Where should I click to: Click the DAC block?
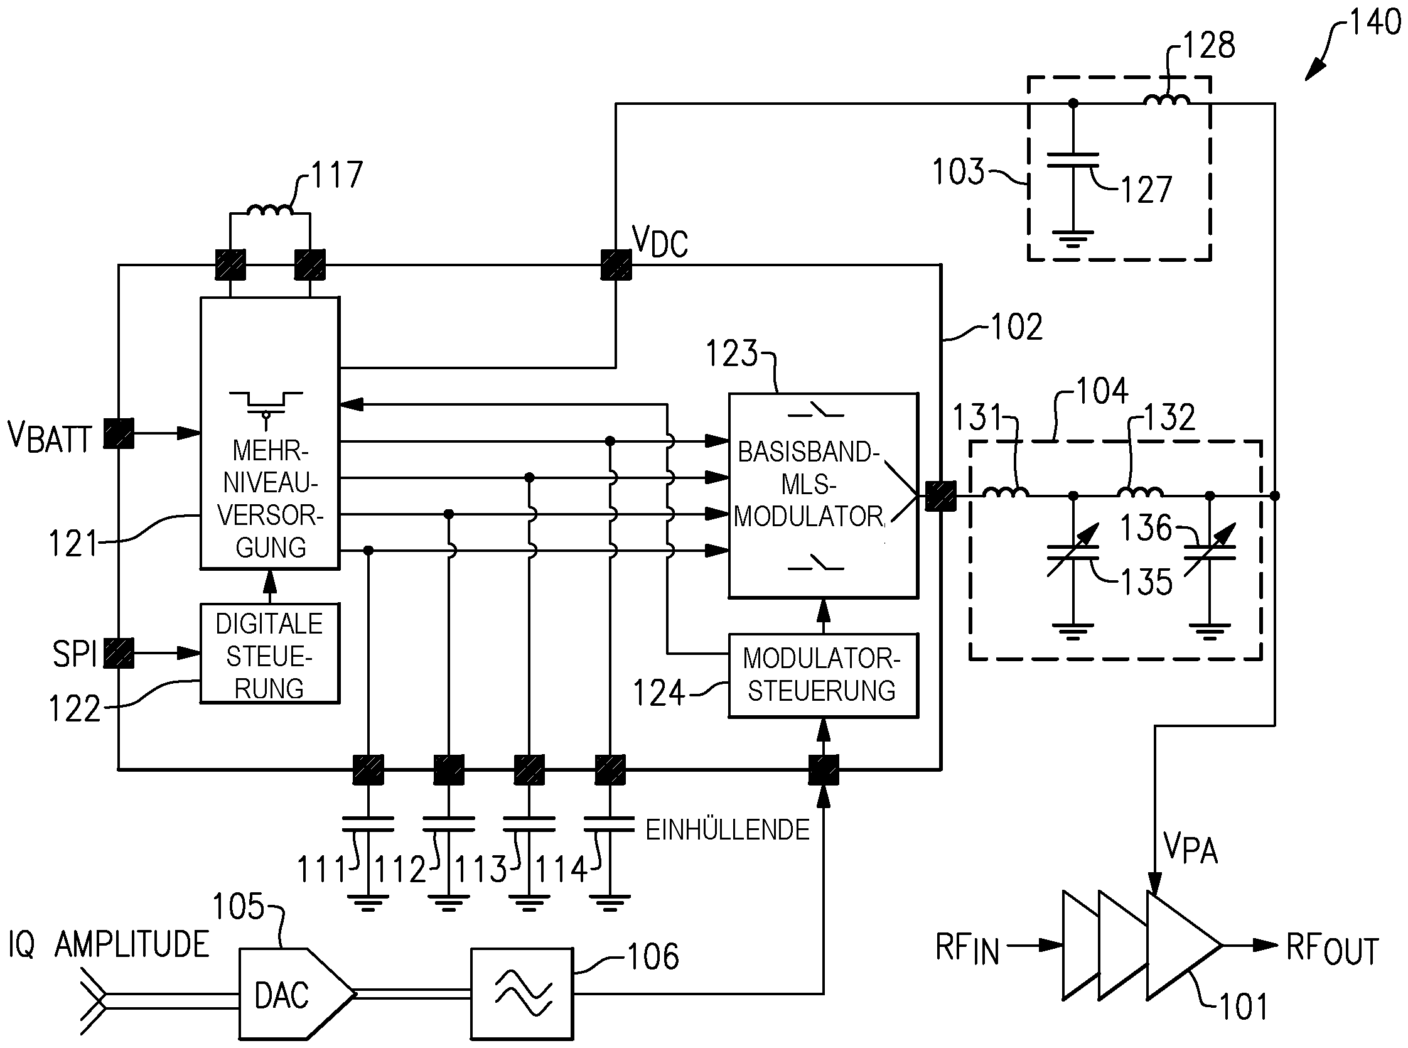289,994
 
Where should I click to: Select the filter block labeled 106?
522,994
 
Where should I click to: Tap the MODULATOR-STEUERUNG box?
822,676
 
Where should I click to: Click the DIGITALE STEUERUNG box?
269,654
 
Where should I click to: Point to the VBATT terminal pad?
119,434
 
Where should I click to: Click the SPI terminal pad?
119,653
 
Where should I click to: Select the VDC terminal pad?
616,264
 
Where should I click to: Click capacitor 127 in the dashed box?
1073,159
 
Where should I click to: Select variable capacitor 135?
1073,553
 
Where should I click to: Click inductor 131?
1005,492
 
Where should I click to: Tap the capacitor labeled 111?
368,824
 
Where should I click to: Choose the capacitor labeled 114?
610,824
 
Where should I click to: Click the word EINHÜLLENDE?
728,829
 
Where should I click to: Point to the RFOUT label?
1332,949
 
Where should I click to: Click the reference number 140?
1374,23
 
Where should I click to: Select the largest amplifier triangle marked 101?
1180,945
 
